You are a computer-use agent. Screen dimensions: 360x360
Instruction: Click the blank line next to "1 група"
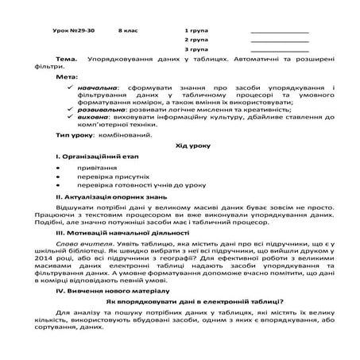tap(279, 31)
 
